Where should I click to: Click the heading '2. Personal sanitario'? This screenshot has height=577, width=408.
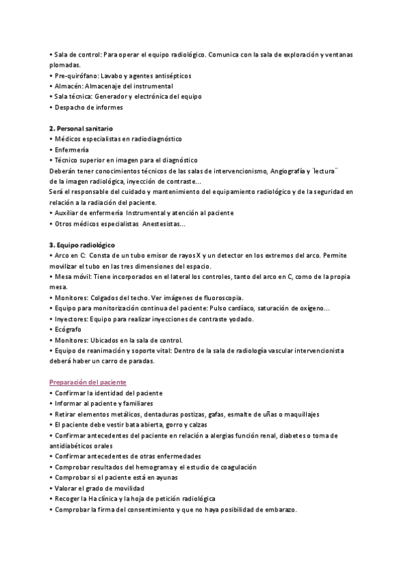click(x=81, y=129)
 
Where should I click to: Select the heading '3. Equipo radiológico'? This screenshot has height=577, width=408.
click(x=82, y=244)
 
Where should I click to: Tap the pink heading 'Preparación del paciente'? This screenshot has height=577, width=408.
click(x=88, y=382)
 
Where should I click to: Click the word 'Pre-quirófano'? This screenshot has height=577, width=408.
click(x=75, y=76)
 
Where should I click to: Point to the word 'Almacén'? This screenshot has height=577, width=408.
click(x=68, y=86)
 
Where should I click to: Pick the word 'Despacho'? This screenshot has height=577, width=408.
click(x=70, y=108)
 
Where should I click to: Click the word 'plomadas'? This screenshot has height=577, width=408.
click(x=65, y=65)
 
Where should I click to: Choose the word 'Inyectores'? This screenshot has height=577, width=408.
click(x=71, y=318)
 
